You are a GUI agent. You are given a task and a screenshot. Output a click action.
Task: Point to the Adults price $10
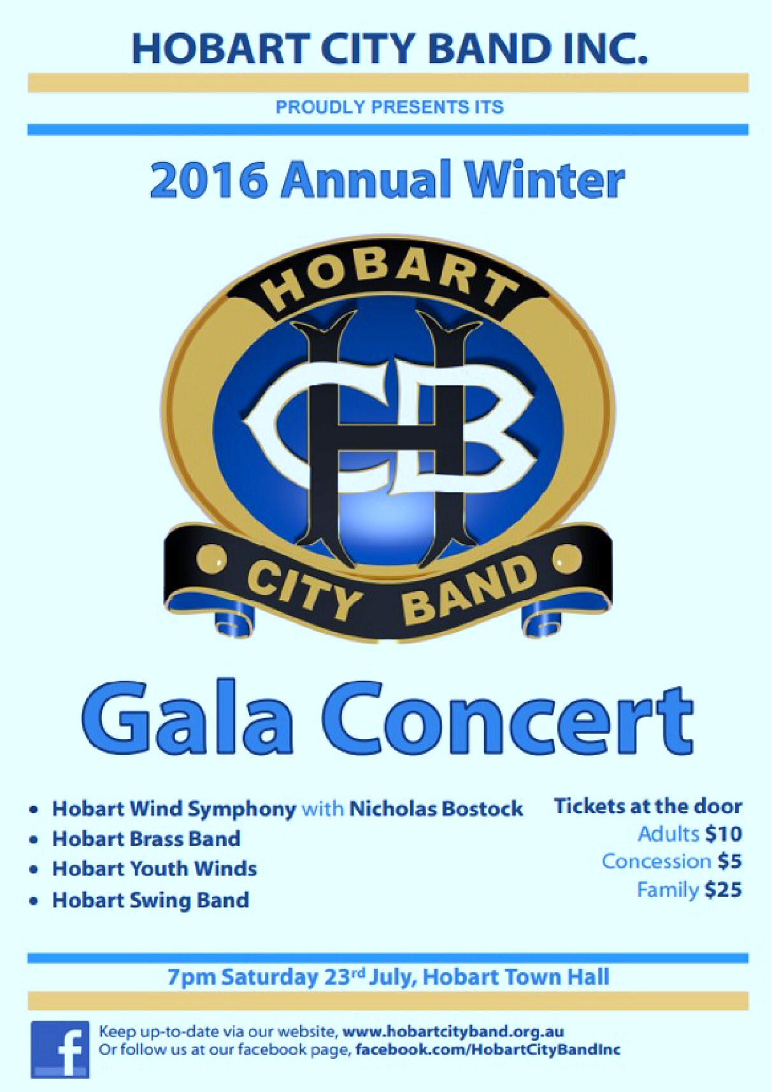pyautogui.click(x=723, y=835)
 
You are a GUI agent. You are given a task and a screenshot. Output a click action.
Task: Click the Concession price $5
pyautogui.click(x=729, y=862)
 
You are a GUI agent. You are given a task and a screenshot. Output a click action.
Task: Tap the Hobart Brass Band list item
pyautogui.click(x=147, y=839)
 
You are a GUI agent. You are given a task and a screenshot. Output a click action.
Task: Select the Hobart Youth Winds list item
pyautogui.click(x=155, y=869)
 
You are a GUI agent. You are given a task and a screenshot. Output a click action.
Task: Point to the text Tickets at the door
pyautogui.click(x=648, y=807)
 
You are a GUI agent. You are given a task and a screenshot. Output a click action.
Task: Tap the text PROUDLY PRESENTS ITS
pyautogui.click(x=389, y=107)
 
